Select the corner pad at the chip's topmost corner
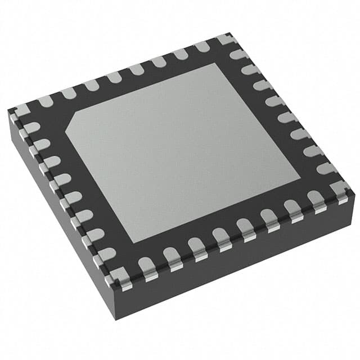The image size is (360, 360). (x=224, y=40)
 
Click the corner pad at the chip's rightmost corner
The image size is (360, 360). (x=340, y=188)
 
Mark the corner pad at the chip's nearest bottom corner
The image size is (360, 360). (x=120, y=278)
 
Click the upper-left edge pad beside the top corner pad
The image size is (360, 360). (x=201, y=47)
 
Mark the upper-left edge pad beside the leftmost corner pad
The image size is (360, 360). (x=43, y=102)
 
